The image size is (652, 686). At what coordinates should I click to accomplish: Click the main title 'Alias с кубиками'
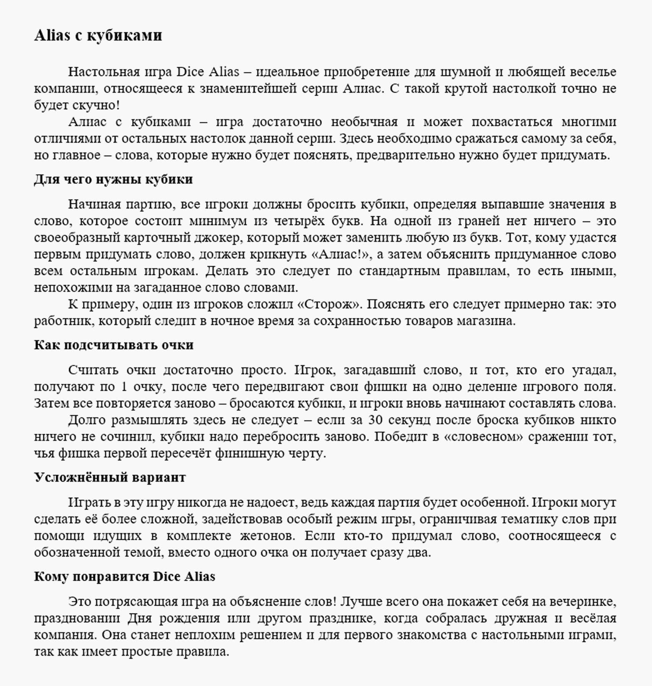(x=98, y=35)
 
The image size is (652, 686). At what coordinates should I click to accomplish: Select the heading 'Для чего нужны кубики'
(x=113, y=179)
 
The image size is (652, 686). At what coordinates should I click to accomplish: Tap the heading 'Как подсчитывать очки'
(x=114, y=345)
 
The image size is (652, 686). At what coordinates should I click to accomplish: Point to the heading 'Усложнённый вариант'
(x=110, y=477)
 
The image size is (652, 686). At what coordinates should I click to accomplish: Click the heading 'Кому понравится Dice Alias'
(x=124, y=576)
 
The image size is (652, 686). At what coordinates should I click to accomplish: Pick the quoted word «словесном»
(x=483, y=436)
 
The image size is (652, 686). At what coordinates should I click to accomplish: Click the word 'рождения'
(x=190, y=618)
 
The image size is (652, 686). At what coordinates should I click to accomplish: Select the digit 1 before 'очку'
(x=123, y=387)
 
